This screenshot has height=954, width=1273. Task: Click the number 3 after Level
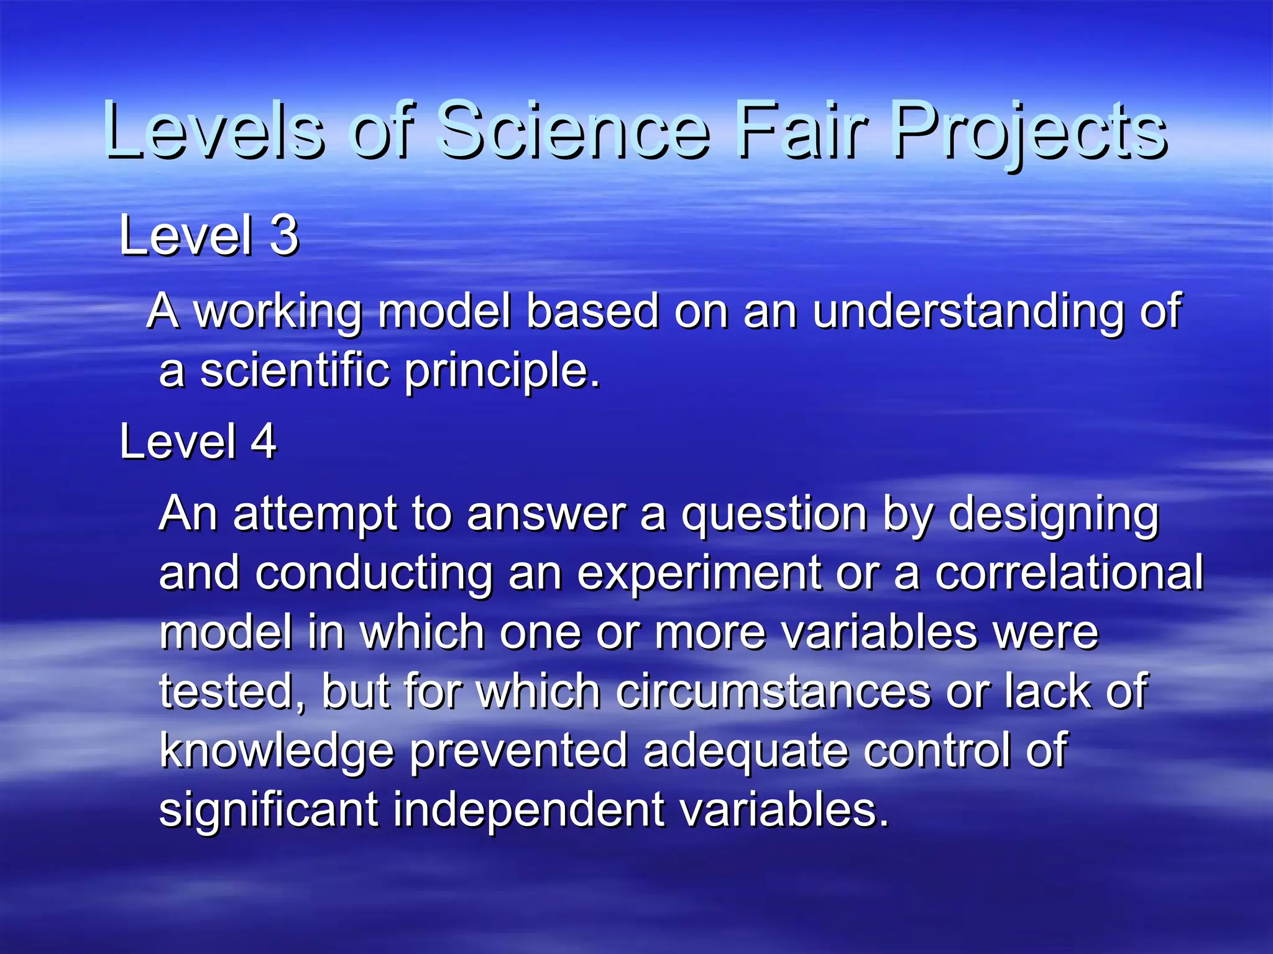coord(285,235)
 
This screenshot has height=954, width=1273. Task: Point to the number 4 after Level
coord(264,442)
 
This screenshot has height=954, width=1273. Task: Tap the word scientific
coord(295,370)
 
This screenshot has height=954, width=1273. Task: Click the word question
coord(774,516)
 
